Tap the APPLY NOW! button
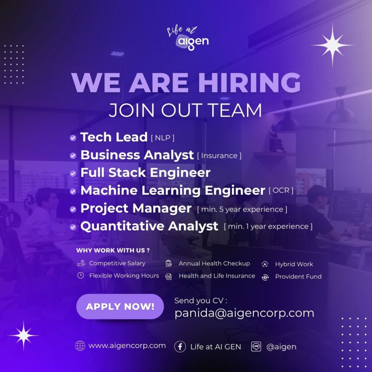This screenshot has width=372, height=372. click(120, 306)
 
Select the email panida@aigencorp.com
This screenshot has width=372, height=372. click(245, 313)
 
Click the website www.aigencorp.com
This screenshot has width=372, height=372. click(127, 345)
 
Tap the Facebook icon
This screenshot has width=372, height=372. click(180, 346)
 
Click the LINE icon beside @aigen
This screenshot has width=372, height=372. click(256, 346)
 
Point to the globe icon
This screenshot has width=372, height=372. click(80, 345)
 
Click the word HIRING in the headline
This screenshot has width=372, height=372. click(249, 82)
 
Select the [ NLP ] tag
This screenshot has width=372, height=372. click(163, 138)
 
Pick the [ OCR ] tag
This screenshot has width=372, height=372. click(281, 190)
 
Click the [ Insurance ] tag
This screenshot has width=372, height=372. click(219, 156)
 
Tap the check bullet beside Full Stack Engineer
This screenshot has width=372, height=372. click(73, 173)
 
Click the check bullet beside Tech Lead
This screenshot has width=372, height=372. click(73, 138)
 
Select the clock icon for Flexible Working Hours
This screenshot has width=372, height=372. click(80, 275)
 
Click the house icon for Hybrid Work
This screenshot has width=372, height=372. click(265, 264)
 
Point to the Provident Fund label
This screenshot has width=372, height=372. click(299, 276)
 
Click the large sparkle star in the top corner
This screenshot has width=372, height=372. click(332, 45)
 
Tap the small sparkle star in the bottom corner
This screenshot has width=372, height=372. click(24, 335)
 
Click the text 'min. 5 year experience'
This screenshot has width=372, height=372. click(242, 209)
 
